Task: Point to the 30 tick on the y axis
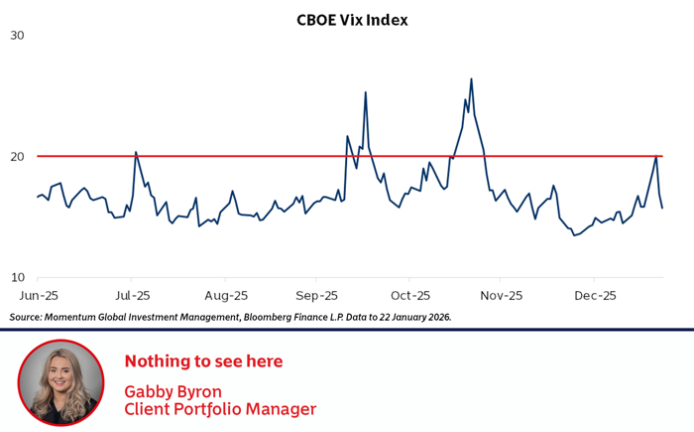[x=17, y=36]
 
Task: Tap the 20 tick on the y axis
[x=17, y=157]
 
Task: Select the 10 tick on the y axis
[x=17, y=278]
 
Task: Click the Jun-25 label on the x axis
[x=38, y=296]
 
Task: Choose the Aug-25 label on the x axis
[x=225, y=296]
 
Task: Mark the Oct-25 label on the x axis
[x=410, y=296]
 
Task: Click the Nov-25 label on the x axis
[x=502, y=296]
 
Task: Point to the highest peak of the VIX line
[x=471, y=78]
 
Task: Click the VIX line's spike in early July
[x=136, y=152]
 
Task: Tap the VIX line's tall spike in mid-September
[x=366, y=92]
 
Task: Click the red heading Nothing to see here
[x=203, y=360]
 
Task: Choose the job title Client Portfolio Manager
[x=220, y=408]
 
